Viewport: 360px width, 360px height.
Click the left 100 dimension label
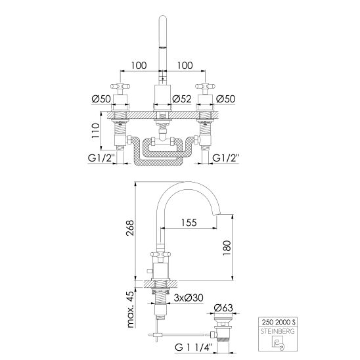(x=139, y=66)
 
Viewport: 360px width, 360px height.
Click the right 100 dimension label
(x=185, y=66)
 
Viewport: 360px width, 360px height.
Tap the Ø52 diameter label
(x=182, y=99)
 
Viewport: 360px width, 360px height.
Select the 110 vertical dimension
(x=96, y=131)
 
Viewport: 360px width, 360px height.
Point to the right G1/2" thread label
(x=226, y=158)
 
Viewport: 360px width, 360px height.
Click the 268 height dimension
(x=129, y=228)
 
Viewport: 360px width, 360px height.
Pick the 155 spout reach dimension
(x=189, y=223)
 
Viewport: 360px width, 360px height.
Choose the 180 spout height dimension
(x=227, y=248)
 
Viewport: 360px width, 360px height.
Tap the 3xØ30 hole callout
(x=189, y=298)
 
